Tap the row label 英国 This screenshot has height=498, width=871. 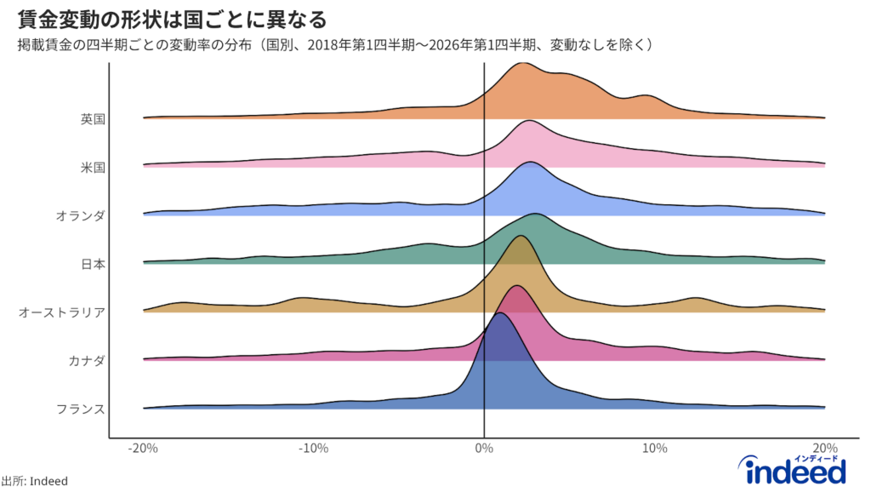click(x=93, y=119)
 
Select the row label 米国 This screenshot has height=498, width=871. click(x=93, y=168)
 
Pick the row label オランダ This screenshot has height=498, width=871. click(x=81, y=216)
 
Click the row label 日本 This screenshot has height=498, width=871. click(x=93, y=264)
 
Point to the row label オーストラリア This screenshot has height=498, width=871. click(x=62, y=312)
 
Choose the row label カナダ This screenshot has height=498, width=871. click(x=87, y=361)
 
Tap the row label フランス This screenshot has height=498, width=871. click(x=81, y=409)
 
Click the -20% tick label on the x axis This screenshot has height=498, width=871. click(x=144, y=449)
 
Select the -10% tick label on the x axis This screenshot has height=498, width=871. click(x=314, y=449)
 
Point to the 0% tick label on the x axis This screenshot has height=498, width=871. click(x=484, y=449)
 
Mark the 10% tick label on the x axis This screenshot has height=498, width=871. click(x=654, y=449)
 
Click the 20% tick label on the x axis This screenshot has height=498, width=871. click(x=824, y=449)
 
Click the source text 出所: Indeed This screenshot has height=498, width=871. click(x=35, y=481)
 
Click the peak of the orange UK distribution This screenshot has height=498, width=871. click(x=522, y=65)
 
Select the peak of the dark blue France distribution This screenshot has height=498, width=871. click(x=500, y=314)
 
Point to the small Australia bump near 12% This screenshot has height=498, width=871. click(x=696, y=299)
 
